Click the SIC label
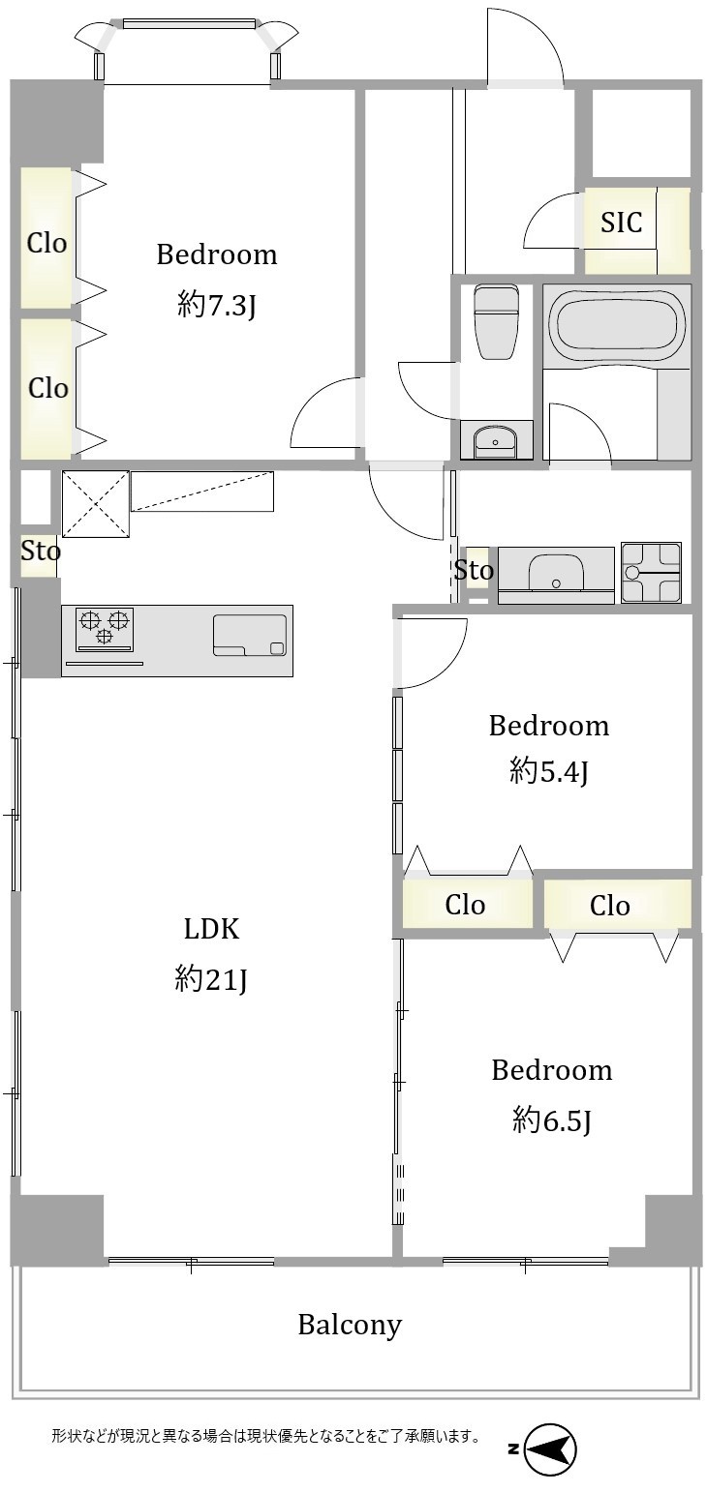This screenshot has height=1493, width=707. point(621,222)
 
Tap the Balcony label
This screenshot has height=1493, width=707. point(350,1325)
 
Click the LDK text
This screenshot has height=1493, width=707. point(211,928)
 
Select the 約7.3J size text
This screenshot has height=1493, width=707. point(217,305)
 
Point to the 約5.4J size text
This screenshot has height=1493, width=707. point(549,772)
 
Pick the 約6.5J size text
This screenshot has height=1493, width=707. point(552,1120)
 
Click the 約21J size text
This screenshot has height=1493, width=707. point(211,979)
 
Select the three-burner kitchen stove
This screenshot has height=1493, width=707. point(105,629)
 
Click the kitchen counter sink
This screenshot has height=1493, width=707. point(250,636)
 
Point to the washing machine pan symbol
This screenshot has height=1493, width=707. point(651,572)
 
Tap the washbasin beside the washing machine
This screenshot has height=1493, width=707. point(556,572)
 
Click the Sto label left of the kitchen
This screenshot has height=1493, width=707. point(40,551)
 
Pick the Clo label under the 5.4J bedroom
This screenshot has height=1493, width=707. point(465,905)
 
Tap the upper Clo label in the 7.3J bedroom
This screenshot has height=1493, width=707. point(46,243)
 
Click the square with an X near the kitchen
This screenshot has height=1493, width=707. point(95,503)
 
